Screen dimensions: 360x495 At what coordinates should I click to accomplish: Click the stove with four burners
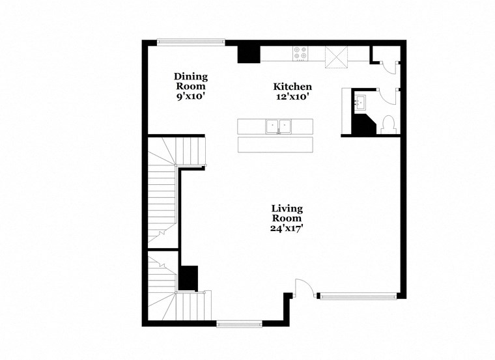coord(300,53)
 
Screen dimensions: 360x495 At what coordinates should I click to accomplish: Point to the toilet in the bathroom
coord(388,124)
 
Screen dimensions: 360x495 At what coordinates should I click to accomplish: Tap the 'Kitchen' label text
coord(292,87)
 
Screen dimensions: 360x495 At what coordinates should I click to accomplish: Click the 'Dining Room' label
coord(191,81)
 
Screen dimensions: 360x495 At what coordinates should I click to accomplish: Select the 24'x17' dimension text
coord(287,228)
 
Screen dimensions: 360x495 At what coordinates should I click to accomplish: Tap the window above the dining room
coord(191,42)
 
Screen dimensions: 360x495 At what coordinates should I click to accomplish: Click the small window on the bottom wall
coord(239,323)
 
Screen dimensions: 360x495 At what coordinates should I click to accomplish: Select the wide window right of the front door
coord(357,296)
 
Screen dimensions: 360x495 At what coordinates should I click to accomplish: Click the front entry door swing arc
coord(304,286)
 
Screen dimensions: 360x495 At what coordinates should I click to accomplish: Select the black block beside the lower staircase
coord(189,278)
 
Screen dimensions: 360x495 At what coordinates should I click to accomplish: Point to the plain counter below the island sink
coord(274,145)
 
